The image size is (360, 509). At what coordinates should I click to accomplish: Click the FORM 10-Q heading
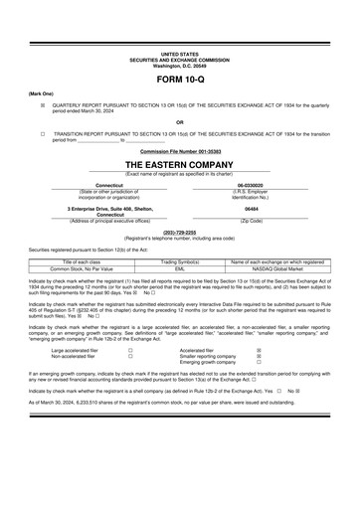[180, 78]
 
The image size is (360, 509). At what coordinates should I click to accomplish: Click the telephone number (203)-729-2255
[180, 234]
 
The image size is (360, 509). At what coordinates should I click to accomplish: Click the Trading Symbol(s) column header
[180, 260]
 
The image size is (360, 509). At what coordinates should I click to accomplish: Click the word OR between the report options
[180, 121]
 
